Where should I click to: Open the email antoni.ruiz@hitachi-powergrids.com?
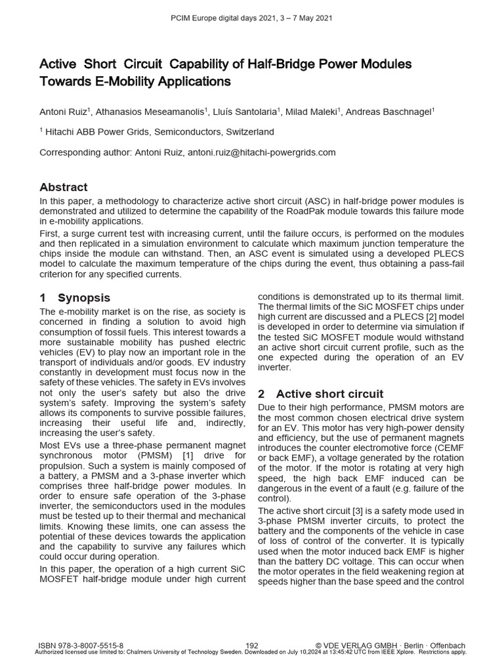click(262, 152)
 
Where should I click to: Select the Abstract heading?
click(63, 187)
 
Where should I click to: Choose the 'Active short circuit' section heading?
click(329, 394)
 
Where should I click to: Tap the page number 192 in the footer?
click(251, 646)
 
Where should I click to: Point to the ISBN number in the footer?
click(81, 646)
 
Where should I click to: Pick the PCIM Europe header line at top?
click(251, 18)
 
